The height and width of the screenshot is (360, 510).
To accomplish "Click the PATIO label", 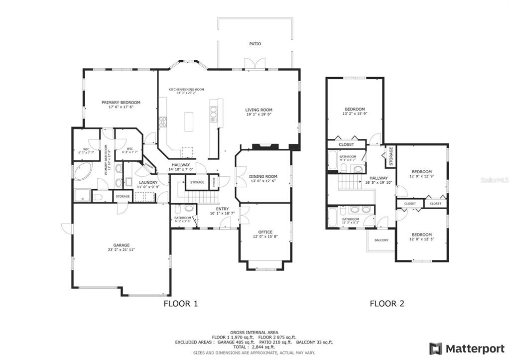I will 255,44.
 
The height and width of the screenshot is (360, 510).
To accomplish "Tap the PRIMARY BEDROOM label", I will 121,103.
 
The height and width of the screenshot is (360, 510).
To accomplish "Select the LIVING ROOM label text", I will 258,110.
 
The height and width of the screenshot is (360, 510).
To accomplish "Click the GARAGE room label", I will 122,245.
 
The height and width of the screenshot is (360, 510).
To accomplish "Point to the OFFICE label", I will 265,232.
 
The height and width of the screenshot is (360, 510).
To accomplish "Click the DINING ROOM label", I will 263,176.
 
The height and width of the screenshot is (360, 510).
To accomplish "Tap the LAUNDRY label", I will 148,182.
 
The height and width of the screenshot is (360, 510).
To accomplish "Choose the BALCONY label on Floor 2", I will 381,240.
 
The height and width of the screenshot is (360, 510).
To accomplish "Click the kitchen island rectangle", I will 189,121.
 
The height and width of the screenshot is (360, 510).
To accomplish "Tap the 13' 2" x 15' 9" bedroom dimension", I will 355,114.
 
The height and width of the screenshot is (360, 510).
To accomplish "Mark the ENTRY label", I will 222,209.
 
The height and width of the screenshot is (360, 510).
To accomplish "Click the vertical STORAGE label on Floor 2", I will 391,156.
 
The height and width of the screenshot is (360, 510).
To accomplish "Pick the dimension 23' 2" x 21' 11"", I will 122,250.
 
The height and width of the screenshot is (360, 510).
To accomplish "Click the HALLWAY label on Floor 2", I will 379,178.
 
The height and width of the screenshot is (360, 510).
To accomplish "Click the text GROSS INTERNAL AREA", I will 254,332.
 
